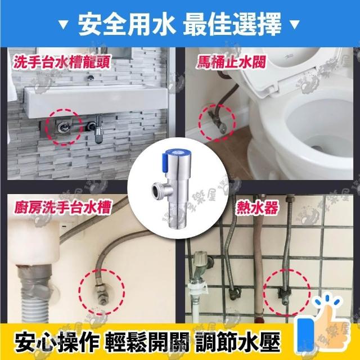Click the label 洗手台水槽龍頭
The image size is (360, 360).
[x=62, y=62]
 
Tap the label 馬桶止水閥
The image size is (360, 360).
[x=231, y=62]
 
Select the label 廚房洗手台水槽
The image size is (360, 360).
[x=62, y=207]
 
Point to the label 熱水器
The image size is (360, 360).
[x=257, y=208]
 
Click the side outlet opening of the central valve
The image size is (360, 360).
[x=157, y=190]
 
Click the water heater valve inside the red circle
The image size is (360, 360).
[x=285, y=295]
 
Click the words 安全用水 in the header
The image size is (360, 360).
[x=127, y=24]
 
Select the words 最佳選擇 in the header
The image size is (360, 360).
[x=232, y=24]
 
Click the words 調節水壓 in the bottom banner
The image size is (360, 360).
[x=237, y=342]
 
